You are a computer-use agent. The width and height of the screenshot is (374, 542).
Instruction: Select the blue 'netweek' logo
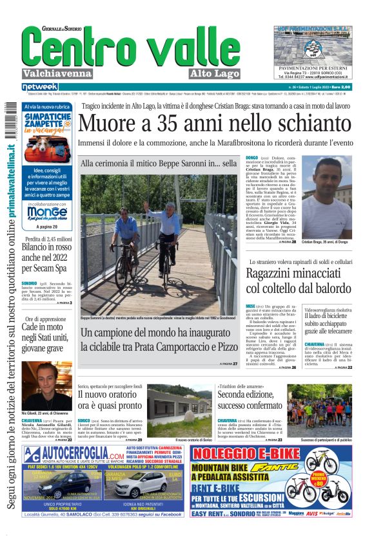40,86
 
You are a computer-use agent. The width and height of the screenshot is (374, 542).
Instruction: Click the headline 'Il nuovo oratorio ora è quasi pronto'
110,400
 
